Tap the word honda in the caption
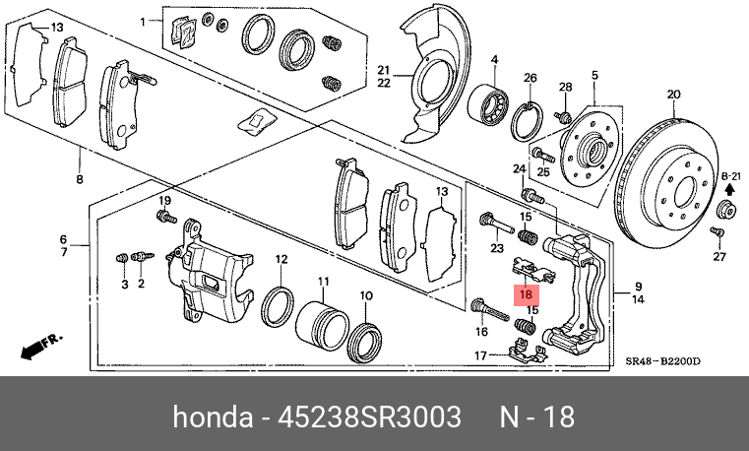click(x=211, y=418)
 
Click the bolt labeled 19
click(x=164, y=217)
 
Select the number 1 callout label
click(x=142, y=21)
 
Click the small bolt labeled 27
click(x=717, y=232)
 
